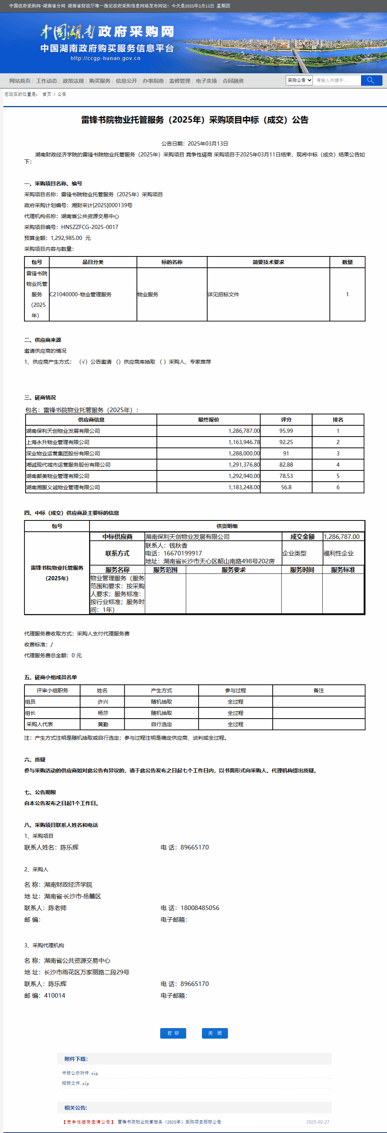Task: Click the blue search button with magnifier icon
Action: point(371,80)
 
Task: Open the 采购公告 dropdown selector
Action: point(299,80)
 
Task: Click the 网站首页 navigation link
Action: point(20,81)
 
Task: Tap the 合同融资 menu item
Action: point(233,81)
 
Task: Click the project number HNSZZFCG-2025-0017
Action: point(90,227)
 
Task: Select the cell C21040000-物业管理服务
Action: point(81,294)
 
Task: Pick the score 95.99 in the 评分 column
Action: point(286,431)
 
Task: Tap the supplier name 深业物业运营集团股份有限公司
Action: point(63,454)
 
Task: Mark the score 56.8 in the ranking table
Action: point(286,487)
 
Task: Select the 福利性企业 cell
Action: point(338,553)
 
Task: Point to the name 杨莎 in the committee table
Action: point(102,713)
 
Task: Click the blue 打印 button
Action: point(173,1033)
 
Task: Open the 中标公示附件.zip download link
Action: point(80,1073)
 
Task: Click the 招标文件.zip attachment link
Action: point(75,1083)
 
